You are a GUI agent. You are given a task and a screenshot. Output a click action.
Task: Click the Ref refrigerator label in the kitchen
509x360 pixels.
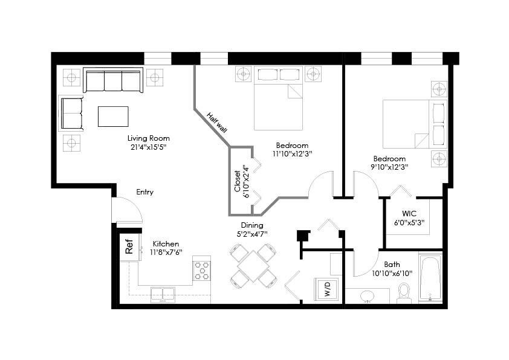pyautogui.click(x=129, y=246)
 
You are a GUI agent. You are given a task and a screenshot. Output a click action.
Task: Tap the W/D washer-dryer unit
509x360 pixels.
pyautogui.click(x=326, y=289)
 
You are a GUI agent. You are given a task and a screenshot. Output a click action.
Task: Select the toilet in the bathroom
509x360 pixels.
pyautogui.click(x=404, y=293)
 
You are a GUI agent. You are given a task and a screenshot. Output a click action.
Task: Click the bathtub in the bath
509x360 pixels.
pyautogui.click(x=430, y=278)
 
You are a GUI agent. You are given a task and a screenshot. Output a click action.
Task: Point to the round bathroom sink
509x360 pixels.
pyautogui.click(x=368, y=296)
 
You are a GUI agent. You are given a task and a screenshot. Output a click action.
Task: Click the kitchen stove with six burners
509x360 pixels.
pyautogui.click(x=201, y=268)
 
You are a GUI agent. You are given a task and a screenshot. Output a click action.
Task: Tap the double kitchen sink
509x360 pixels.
pyautogui.click(x=163, y=295)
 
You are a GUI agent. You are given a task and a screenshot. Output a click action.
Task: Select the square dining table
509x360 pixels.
pyautogui.click(x=253, y=266)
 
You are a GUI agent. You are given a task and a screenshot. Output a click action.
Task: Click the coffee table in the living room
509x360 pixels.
pyautogui.click(x=113, y=117)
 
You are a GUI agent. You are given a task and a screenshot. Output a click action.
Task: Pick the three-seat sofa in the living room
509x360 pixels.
pyautogui.click(x=113, y=80)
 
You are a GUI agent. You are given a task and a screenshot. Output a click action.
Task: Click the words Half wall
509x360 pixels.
pyautogui.click(x=217, y=122)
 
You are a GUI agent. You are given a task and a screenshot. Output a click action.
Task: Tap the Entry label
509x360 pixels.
pyautogui.click(x=144, y=192)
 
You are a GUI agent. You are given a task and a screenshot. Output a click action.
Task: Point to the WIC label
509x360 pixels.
pyautogui.click(x=409, y=214)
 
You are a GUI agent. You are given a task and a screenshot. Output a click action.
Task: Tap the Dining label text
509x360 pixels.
pyautogui.click(x=252, y=225)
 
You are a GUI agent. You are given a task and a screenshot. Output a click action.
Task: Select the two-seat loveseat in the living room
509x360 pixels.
pyautogui.click(x=72, y=113)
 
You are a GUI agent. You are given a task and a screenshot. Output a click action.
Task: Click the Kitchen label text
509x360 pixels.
pyautogui.click(x=166, y=244)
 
